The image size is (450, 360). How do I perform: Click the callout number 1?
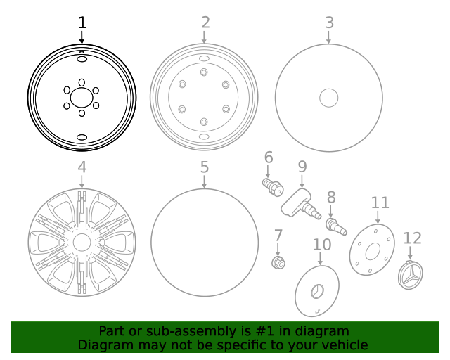(x=82, y=22)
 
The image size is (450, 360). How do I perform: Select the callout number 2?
(x=205, y=22)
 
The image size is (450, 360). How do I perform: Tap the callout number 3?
(x=329, y=22)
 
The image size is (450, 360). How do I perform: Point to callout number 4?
(x=82, y=167)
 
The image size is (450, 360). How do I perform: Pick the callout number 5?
(x=204, y=167)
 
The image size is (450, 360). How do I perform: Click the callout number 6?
(x=268, y=157)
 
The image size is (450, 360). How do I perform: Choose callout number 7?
(x=278, y=236)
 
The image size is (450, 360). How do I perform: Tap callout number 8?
(x=330, y=198)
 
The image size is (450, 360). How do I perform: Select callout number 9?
(x=302, y=167)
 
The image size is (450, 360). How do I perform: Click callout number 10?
(x=321, y=245)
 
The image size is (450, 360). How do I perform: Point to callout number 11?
(x=380, y=202)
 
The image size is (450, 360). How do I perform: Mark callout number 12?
(x=412, y=238)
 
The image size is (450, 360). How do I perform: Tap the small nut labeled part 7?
(x=278, y=263)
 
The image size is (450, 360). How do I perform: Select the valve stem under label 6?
(x=272, y=186)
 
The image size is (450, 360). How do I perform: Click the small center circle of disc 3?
(x=329, y=98)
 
